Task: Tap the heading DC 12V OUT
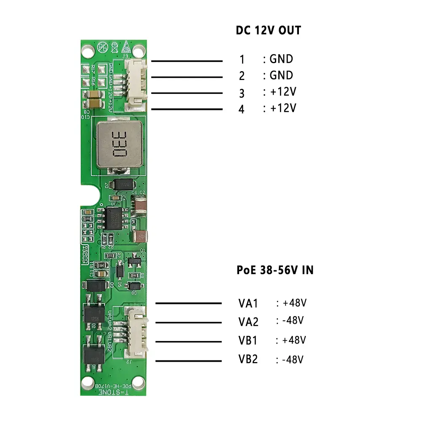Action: (268, 30)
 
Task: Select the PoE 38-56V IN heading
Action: (274, 270)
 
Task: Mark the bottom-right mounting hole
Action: (140, 383)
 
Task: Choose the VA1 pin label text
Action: (248, 303)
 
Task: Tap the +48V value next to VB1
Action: (294, 340)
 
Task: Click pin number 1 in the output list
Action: (242, 59)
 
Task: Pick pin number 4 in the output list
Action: (241, 109)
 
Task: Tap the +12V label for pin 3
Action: (283, 92)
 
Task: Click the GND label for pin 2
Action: (281, 75)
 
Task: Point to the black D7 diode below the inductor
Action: (123, 184)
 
